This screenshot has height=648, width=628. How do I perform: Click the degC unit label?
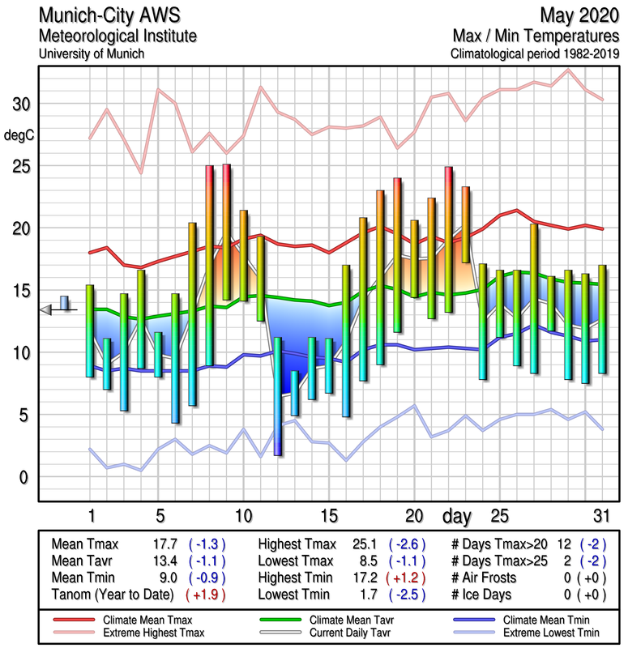point(20,136)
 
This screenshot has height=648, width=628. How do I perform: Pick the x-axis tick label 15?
point(328,516)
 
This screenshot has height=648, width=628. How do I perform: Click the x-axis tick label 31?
point(600,516)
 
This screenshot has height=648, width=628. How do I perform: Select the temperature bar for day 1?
point(90,330)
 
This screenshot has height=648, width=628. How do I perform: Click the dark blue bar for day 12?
point(277,397)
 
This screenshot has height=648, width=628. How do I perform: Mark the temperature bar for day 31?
point(602,319)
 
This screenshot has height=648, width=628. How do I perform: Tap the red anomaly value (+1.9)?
point(206,595)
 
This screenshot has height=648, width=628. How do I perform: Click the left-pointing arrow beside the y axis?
point(46,309)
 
